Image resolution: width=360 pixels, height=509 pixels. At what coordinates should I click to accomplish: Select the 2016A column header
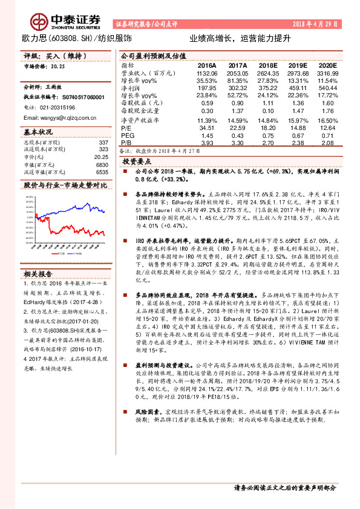point(207,65)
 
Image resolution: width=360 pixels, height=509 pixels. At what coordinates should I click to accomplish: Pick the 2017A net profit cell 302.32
point(237,88)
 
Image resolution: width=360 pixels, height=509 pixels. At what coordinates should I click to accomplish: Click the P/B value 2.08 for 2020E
point(327,143)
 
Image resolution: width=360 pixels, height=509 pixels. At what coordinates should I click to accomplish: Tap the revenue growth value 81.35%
point(237,80)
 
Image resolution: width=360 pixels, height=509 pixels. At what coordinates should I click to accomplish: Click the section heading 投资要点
point(136,162)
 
